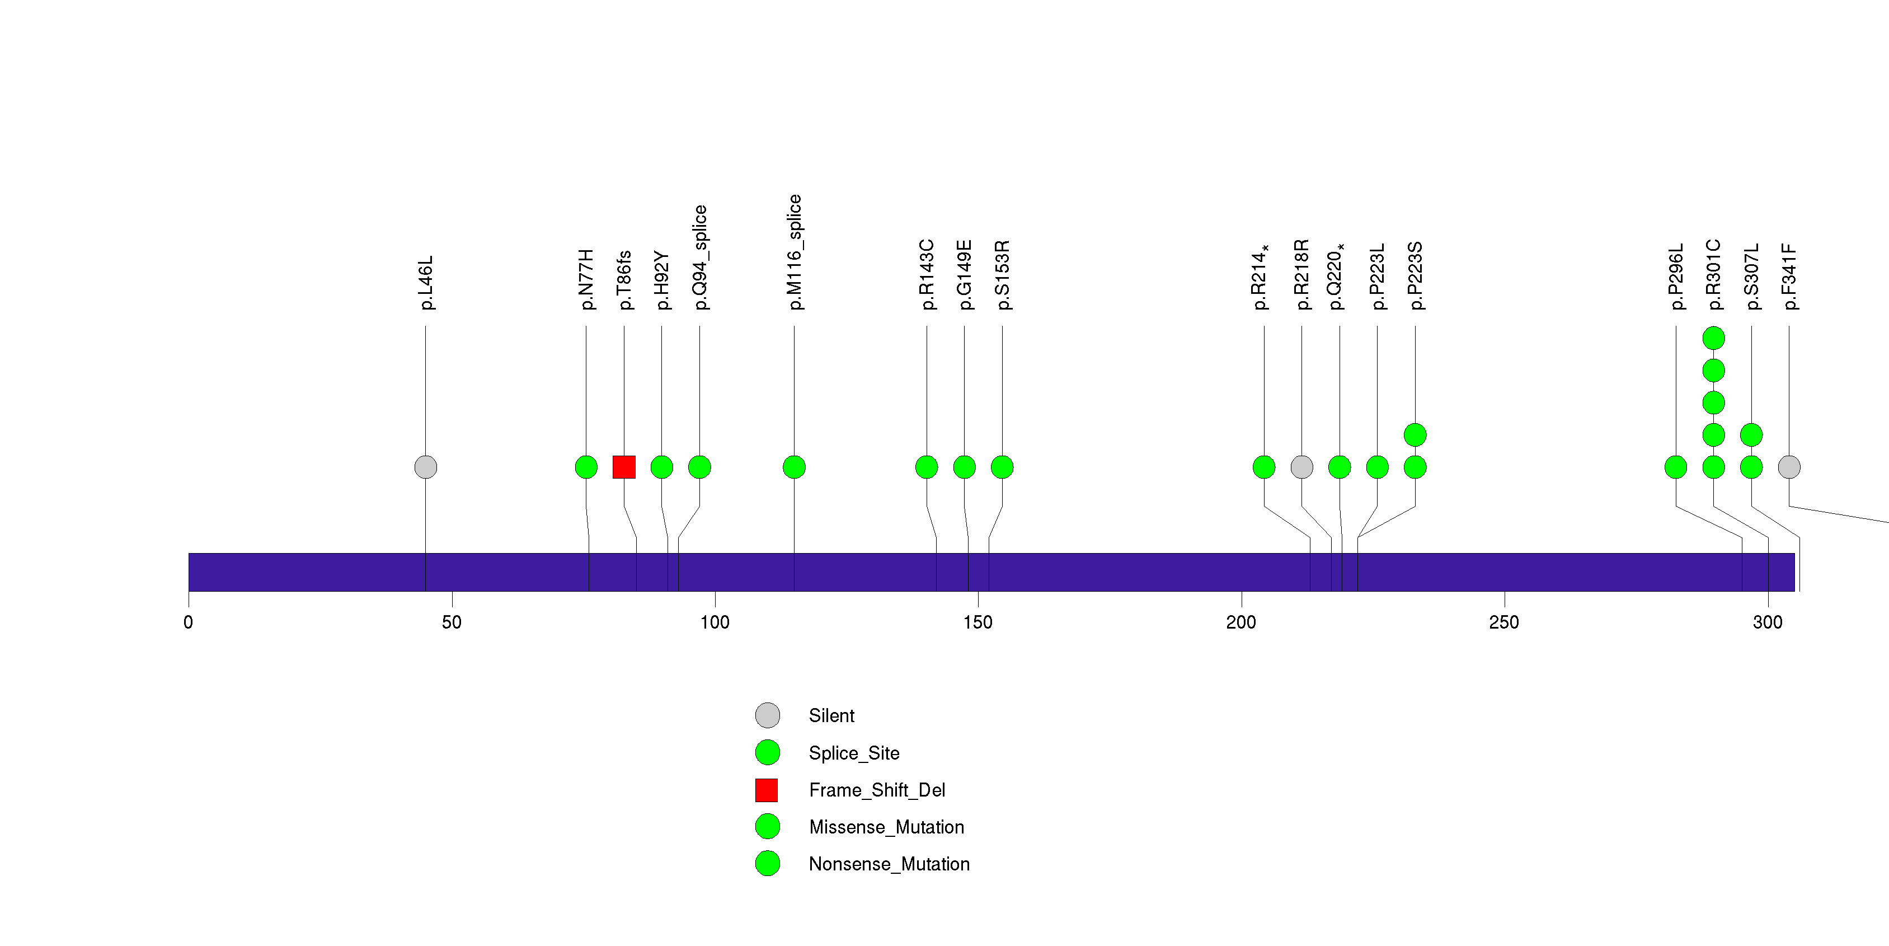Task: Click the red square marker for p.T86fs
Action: [624, 467]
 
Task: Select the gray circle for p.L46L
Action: [425, 467]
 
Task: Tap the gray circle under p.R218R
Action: [1301, 467]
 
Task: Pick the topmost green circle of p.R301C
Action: [1714, 338]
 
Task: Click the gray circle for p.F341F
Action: [1789, 467]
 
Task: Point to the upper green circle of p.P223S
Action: [1415, 435]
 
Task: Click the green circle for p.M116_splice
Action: [794, 467]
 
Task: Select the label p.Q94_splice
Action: [701, 257]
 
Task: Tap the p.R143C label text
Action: [927, 274]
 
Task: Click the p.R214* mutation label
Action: [1261, 277]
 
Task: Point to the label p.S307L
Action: [1752, 277]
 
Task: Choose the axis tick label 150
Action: [978, 622]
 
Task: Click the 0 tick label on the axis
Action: [189, 622]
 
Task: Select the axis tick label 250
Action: [1504, 622]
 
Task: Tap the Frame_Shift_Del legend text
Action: [876, 790]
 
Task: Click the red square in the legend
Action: [767, 790]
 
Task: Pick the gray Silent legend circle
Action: [768, 715]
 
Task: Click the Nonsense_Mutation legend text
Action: [889, 864]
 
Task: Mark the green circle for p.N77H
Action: [586, 467]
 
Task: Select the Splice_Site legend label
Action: [853, 753]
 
